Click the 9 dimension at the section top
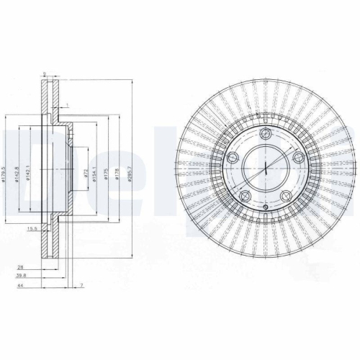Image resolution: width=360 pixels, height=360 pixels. tap(44, 73)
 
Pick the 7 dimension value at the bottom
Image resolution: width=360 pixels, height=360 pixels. tap(83, 286)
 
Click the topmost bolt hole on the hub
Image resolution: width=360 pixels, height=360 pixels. tap(264, 133)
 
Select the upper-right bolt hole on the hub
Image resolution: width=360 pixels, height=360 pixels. tap(298, 157)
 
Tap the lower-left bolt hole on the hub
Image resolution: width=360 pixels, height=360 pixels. tap(244, 197)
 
